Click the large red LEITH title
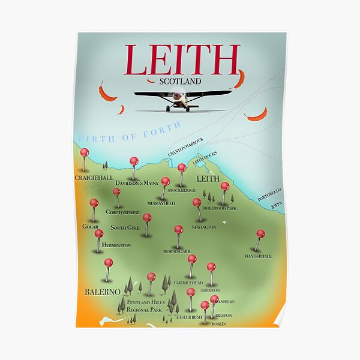(182, 59)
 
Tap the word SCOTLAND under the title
(180, 81)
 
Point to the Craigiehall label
(93, 178)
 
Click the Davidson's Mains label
(136, 182)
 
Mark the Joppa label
(276, 205)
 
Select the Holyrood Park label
(220, 208)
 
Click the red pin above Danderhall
(260, 233)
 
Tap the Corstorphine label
(122, 212)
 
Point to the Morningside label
(178, 251)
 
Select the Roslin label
(218, 324)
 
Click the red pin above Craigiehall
(85, 152)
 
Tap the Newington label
(203, 227)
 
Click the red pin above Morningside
(178, 229)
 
